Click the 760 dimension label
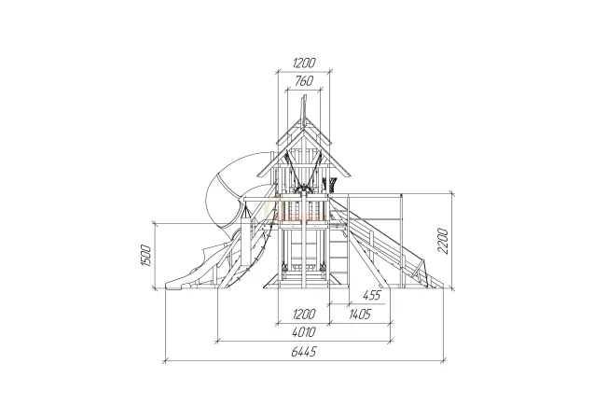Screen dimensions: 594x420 (303, 81)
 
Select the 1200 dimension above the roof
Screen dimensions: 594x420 (304, 63)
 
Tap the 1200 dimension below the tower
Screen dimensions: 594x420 (304, 314)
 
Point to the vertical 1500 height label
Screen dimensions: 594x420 (146, 256)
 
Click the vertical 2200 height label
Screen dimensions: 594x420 (442, 241)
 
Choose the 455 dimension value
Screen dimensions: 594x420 (371, 295)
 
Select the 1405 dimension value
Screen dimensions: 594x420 (360, 314)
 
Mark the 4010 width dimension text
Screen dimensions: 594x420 (304, 332)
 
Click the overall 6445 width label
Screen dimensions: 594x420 (303, 352)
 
